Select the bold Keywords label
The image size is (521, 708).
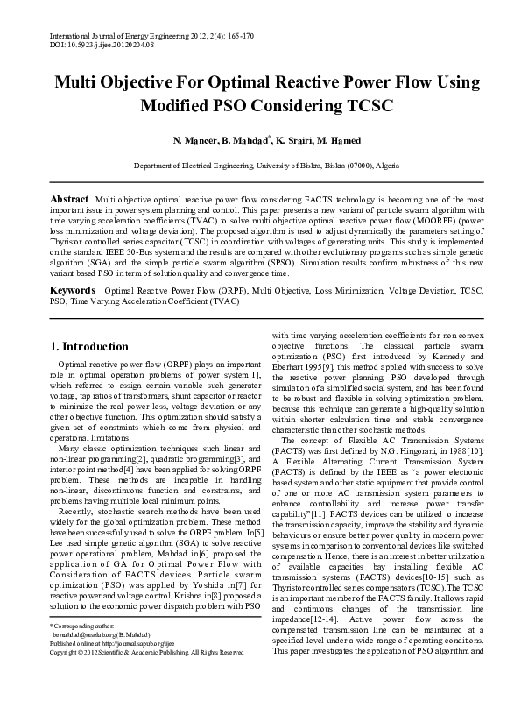point(72,288)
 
